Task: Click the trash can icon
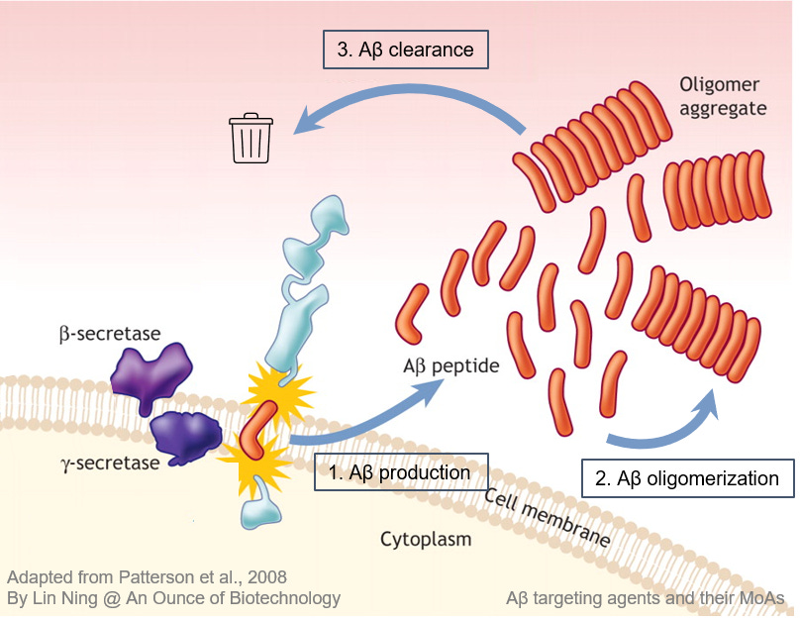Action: (x=250, y=138)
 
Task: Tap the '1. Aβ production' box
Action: (x=401, y=472)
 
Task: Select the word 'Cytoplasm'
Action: (x=426, y=540)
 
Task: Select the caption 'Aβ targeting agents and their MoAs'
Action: (x=645, y=598)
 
